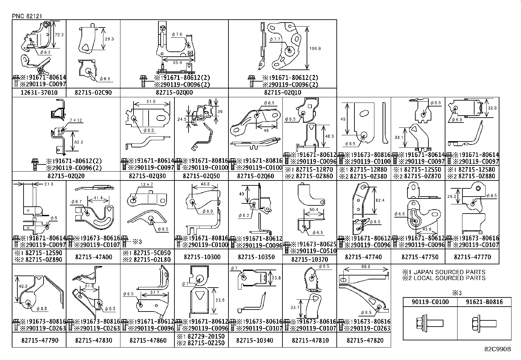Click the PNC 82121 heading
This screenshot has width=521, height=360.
(27, 16)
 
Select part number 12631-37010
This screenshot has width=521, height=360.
(39, 93)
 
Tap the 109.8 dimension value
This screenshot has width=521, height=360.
(315, 48)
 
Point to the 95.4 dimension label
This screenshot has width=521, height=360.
(177, 63)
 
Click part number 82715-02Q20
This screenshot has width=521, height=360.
(66, 176)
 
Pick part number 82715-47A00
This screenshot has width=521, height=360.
(93, 257)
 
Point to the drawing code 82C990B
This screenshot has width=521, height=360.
(497, 349)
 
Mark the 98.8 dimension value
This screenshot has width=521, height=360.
(364, 267)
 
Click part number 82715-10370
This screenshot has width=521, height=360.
(309, 259)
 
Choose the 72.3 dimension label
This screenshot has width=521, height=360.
(59, 34)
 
